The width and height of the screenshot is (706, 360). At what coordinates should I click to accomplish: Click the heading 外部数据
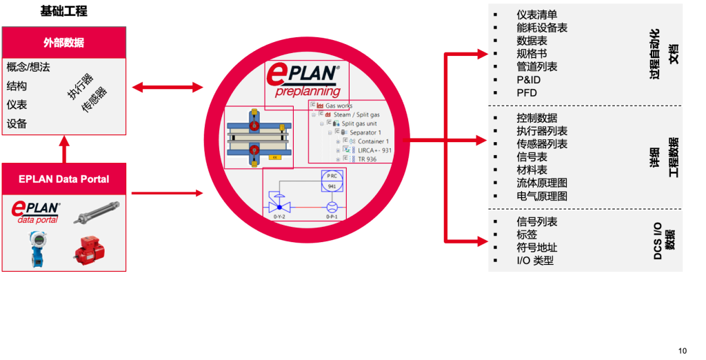tap(63, 43)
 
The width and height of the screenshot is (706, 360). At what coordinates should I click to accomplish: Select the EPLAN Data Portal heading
tap(63, 179)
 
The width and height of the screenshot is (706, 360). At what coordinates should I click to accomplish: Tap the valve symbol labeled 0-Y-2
tap(279, 207)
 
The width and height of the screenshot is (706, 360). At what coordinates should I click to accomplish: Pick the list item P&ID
tap(528, 80)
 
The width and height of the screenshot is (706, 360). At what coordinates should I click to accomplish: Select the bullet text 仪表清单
tap(536, 14)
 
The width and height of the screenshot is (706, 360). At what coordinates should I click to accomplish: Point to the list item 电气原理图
tap(541, 196)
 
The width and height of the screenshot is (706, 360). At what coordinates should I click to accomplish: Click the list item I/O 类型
tap(534, 261)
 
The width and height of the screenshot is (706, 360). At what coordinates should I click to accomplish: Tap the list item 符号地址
tap(536, 248)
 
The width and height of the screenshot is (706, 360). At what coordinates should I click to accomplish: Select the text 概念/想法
tap(28, 68)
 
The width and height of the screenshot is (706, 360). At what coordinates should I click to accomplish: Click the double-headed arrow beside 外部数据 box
tap(168, 87)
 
